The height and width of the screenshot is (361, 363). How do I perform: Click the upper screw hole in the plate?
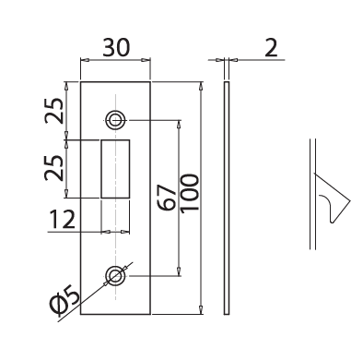coord(115,119)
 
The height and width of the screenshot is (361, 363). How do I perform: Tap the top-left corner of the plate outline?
coord(81,82)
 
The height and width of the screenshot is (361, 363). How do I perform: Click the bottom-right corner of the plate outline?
coord(149,315)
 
